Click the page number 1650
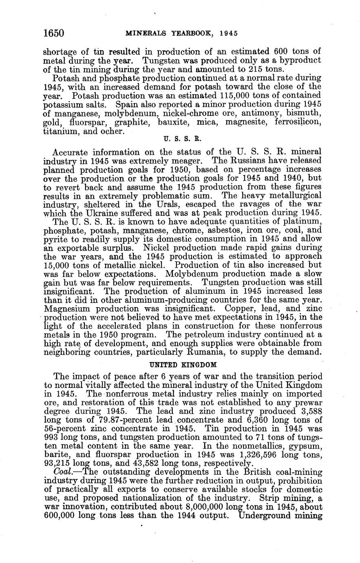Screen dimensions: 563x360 click(x=54, y=33)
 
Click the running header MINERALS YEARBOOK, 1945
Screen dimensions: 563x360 click(x=182, y=33)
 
